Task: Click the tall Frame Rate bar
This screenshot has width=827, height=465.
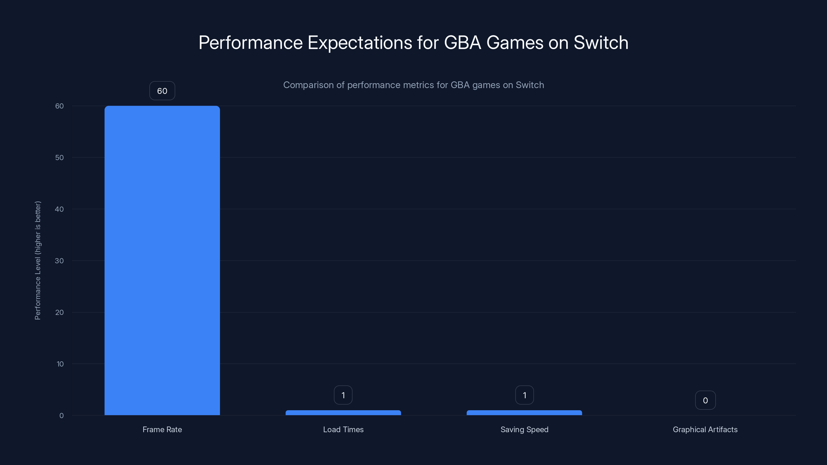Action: click(x=162, y=260)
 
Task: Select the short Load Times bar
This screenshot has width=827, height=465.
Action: click(x=343, y=413)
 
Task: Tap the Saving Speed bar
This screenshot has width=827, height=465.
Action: click(x=524, y=413)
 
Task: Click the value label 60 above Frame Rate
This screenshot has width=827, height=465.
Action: click(x=162, y=91)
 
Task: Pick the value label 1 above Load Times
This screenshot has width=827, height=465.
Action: click(x=343, y=395)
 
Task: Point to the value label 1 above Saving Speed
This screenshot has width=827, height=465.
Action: click(x=525, y=395)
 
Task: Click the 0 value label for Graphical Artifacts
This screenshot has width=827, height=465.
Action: click(x=705, y=400)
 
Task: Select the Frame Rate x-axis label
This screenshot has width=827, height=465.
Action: click(x=162, y=429)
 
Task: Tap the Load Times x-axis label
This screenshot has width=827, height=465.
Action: click(x=343, y=429)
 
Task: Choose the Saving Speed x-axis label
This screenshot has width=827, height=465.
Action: click(x=524, y=429)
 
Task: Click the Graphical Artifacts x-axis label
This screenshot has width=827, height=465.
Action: click(x=705, y=429)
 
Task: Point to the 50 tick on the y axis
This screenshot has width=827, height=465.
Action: click(x=59, y=158)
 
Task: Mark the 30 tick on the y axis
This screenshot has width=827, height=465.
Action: click(x=59, y=261)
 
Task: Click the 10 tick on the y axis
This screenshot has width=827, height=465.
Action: click(x=60, y=364)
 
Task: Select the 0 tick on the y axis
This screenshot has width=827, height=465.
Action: click(x=61, y=416)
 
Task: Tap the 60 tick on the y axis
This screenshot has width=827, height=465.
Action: click(x=59, y=106)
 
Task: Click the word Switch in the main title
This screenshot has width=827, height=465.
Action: click(x=601, y=42)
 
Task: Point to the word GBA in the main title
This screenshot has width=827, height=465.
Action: click(x=462, y=42)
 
